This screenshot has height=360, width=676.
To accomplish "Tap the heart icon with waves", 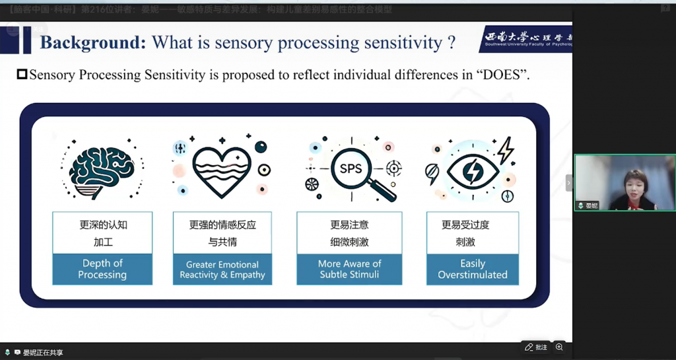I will pos(222,168).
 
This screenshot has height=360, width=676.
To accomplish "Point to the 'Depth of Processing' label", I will pos(102,269).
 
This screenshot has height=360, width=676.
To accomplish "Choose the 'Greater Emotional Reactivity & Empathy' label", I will pos(222,270).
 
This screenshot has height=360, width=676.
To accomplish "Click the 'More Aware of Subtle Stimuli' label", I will pos(349,269).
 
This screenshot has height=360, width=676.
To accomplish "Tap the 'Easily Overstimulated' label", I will pos(473,269).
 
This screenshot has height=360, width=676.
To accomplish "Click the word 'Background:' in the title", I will pos(93,43).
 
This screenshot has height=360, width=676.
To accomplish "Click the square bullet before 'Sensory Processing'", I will pos(22,75).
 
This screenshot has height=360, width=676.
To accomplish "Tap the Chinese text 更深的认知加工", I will pos(103,233).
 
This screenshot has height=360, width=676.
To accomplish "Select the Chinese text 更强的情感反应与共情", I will pos(222,233).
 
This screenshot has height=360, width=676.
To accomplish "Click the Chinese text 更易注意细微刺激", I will pos(349,233).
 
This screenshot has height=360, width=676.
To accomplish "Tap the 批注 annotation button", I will pos(536,347).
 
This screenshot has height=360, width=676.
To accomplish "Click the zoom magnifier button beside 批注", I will pos(559,347).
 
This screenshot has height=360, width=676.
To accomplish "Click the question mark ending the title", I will pos(452,43).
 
